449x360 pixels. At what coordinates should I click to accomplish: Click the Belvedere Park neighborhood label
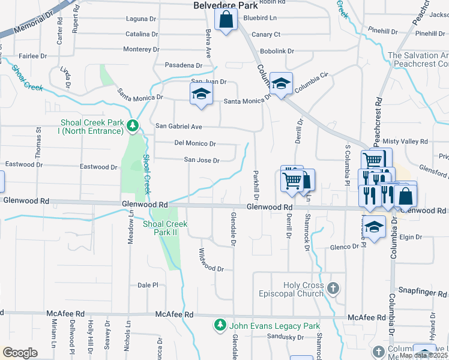(x=225, y=5)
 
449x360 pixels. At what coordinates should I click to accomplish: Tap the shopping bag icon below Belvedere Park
(x=226, y=20)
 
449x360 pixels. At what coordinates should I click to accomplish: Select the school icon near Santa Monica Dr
(x=202, y=94)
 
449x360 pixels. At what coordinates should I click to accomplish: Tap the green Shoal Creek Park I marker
(x=133, y=125)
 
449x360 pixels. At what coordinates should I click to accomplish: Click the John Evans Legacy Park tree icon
(x=220, y=325)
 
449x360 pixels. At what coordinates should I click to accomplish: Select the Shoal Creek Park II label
(x=165, y=228)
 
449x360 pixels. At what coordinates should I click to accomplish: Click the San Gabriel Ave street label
(x=179, y=126)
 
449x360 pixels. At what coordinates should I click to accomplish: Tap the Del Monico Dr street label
(x=194, y=143)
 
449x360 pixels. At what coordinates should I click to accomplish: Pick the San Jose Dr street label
(x=201, y=160)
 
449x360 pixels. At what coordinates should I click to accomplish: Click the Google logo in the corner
(x=20, y=353)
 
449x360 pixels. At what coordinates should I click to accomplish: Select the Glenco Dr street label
(x=343, y=247)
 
